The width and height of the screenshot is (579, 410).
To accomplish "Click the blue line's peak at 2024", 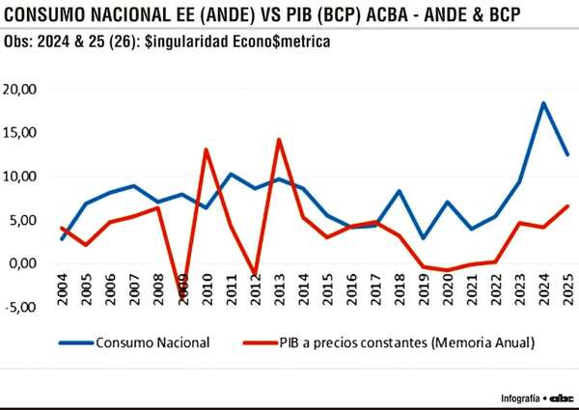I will click(x=543, y=103).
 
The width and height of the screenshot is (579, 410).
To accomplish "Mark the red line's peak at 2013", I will click(x=279, y=140).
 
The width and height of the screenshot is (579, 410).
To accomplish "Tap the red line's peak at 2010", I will click(x=207, y=150).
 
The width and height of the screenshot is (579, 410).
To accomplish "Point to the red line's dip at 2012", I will click(x=255, y=274).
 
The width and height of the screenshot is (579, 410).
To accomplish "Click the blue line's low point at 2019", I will click(x=424, y=237).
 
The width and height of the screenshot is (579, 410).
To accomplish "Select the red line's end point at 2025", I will click(x=567, y=205).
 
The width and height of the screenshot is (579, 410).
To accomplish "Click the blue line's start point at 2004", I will click(x=63, y=239).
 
